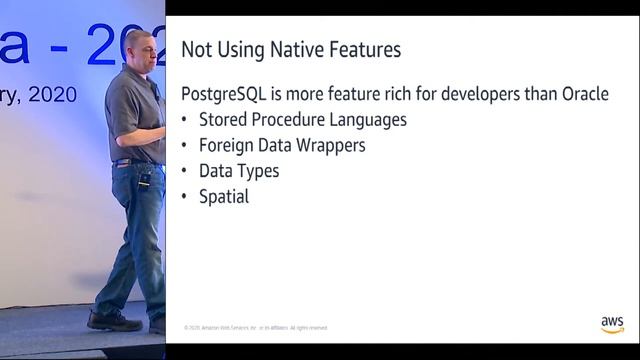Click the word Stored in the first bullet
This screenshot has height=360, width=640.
pos(224,120)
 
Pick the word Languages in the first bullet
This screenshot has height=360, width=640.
pos(368,120)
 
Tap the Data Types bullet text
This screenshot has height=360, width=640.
pos(239,171)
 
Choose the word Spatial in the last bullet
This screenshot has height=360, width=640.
pos(224,197)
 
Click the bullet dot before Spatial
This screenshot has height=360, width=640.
pos(185,197)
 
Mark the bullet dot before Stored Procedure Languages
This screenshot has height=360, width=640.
pos(185,120)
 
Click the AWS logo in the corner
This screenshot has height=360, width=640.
pos(612,324)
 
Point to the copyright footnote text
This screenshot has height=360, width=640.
pos(256,327)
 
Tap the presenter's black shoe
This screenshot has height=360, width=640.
pos(113,321)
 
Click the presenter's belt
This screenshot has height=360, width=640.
pos(133,161)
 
